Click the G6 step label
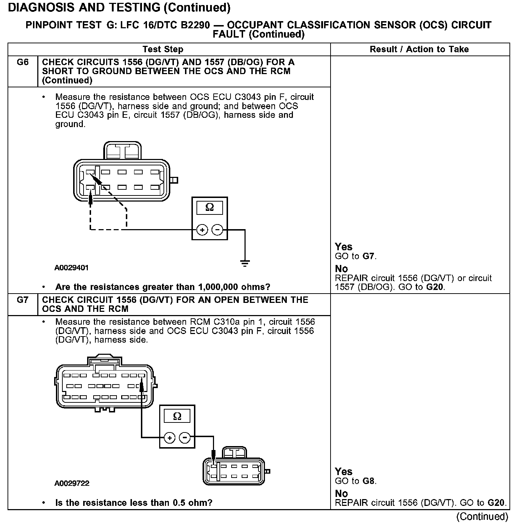(x=23, y=62)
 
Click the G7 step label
(x=23, y=300)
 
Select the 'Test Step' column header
(x=163, y=49)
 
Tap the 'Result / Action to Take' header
(x=419, y=49)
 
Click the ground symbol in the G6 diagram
(x=245, y=264)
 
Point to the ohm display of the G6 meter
(x=210, y=208)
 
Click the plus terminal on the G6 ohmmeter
(x=202, y=230)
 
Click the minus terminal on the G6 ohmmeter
(x=217, y=230)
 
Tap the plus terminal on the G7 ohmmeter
(x=170, y=437)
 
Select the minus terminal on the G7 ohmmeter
(x=185, y=437)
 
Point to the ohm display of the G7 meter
(x=177, y=416)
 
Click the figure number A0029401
(x=72, y=268)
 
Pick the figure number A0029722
(x=72, y=483)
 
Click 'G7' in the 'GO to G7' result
(x=369, y=256)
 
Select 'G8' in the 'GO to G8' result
(x=369, y=481)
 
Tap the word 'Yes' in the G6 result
(x=343, y=247)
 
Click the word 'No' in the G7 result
(x=341, y=494)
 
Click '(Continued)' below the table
(x=482, y=517)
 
